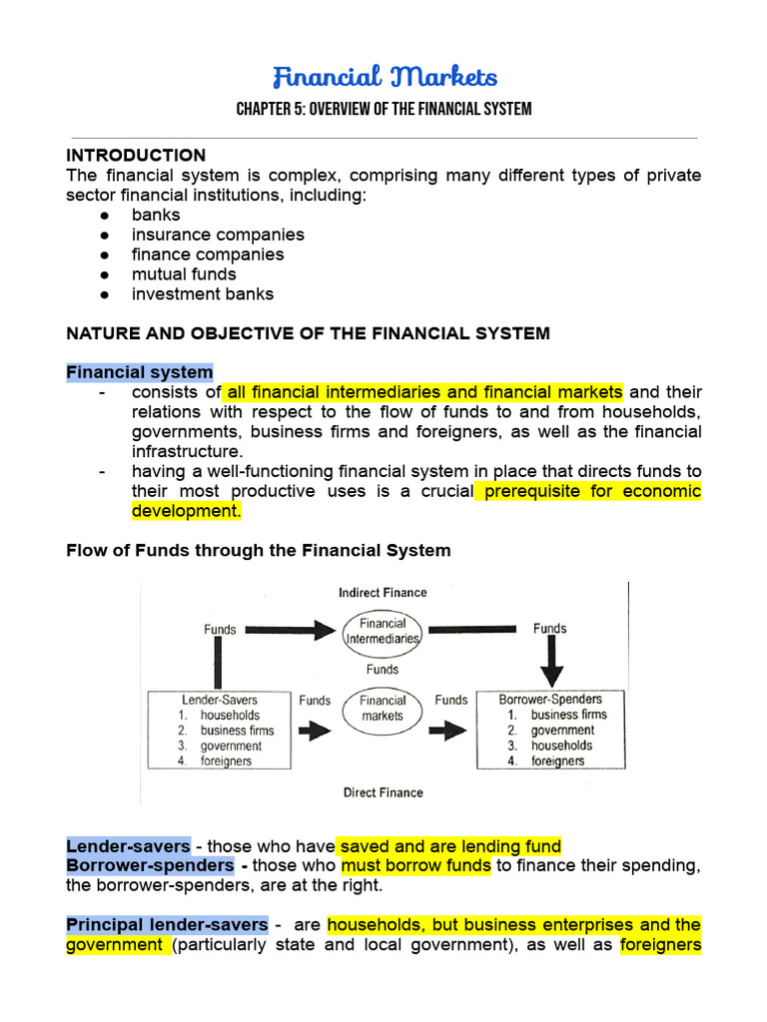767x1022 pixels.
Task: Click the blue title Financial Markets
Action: [384, 77]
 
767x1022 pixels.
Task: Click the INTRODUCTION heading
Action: [136, 155]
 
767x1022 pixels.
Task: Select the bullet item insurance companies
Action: [218, 235]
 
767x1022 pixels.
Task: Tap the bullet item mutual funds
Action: [184, 274]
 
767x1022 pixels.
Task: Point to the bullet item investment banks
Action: [202, 294]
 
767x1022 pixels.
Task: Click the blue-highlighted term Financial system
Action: [140, 372]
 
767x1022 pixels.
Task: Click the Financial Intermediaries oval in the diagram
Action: [383, 631]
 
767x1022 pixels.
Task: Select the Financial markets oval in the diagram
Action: [383, 708]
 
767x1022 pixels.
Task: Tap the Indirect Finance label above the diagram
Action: [383, 593]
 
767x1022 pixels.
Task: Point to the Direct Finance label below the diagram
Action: [383, 792]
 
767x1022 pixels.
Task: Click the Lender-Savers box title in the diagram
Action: [220, 700]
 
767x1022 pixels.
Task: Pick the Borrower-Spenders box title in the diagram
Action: [550, 700]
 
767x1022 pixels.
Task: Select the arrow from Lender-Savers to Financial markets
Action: [316, 731]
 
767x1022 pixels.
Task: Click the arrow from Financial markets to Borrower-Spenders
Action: [451, 731]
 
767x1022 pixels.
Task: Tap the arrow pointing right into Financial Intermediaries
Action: [290, 630]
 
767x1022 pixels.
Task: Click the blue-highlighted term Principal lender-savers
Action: [167, 925]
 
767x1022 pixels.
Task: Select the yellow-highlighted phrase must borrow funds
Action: [415, 865]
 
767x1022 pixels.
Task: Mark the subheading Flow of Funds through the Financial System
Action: [258, 550]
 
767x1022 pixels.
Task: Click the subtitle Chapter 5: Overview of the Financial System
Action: [383, 109]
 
